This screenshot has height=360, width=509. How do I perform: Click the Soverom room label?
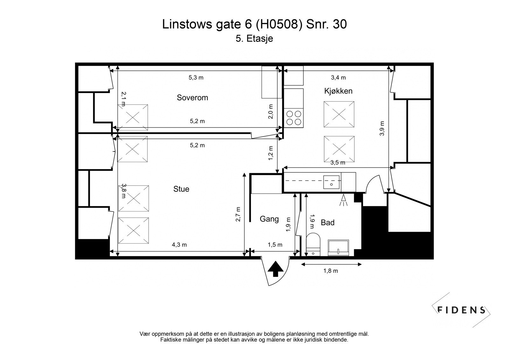tap(192, 98)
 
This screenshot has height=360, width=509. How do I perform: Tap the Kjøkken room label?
tap(338, 91)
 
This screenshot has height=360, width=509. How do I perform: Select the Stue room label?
tap(181, 189)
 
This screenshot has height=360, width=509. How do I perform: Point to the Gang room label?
tap(269, 219)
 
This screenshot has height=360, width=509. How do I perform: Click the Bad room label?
tap(327, 222)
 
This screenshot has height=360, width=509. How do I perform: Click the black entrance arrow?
tap(275, 269)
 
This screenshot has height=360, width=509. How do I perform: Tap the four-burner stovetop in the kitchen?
tap(294, 118)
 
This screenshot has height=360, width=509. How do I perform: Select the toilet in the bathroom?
tap(313, 244)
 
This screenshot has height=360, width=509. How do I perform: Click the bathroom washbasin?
tap(338, 248)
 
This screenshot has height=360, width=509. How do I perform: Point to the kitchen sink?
tap(332, 182)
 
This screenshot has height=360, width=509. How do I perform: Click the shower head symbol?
tap(344, 200)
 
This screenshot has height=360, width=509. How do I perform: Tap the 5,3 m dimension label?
tap(196, 78)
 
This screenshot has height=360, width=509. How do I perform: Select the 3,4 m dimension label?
tap(338, 78)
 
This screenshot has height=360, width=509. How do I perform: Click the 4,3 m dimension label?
tap(179, 245)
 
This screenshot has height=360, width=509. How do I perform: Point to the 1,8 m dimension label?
tap(331, 271)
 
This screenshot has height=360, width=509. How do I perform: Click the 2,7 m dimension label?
tap(238, 214)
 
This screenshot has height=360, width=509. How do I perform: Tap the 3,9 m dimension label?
tap(382, 129)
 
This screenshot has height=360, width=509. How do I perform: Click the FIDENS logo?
tap(461, 310)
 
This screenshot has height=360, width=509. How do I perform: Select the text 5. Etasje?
tap(254, 39)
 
